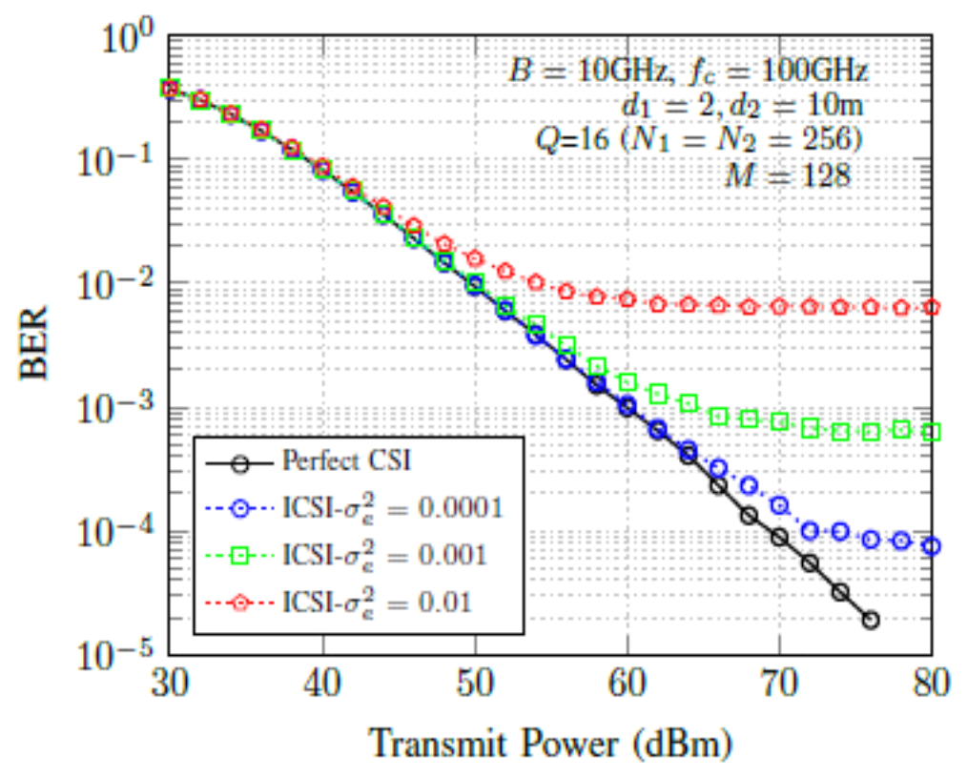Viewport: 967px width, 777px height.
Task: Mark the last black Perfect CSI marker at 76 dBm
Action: pos(871,621)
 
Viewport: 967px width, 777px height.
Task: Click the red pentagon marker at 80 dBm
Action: pos(932,307)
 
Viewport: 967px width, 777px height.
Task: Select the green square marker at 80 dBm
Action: pos(932,432)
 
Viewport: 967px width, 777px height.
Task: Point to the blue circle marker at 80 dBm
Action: pos(932,546)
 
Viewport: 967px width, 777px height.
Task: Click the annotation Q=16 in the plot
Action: pos(566,140)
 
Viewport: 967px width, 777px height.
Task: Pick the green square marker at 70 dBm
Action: pos(779,420)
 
